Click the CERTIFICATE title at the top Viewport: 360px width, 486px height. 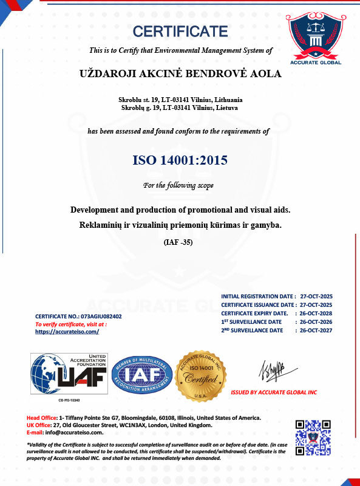[x=180, y=31]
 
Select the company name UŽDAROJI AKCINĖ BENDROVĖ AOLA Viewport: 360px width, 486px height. [x=181, y=74]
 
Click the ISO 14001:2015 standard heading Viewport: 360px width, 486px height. [x=180, y=161]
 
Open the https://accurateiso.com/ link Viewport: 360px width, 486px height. [x=67, y=332]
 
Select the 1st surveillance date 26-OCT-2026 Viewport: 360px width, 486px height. [x=316, y=321]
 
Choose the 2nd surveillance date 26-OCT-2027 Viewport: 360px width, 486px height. [x=316, y=330]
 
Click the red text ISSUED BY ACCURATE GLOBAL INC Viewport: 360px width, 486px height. [x=274, y=392]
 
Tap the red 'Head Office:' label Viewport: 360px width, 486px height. [x=41, y=418]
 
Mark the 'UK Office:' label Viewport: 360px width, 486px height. [x=39, y=425]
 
